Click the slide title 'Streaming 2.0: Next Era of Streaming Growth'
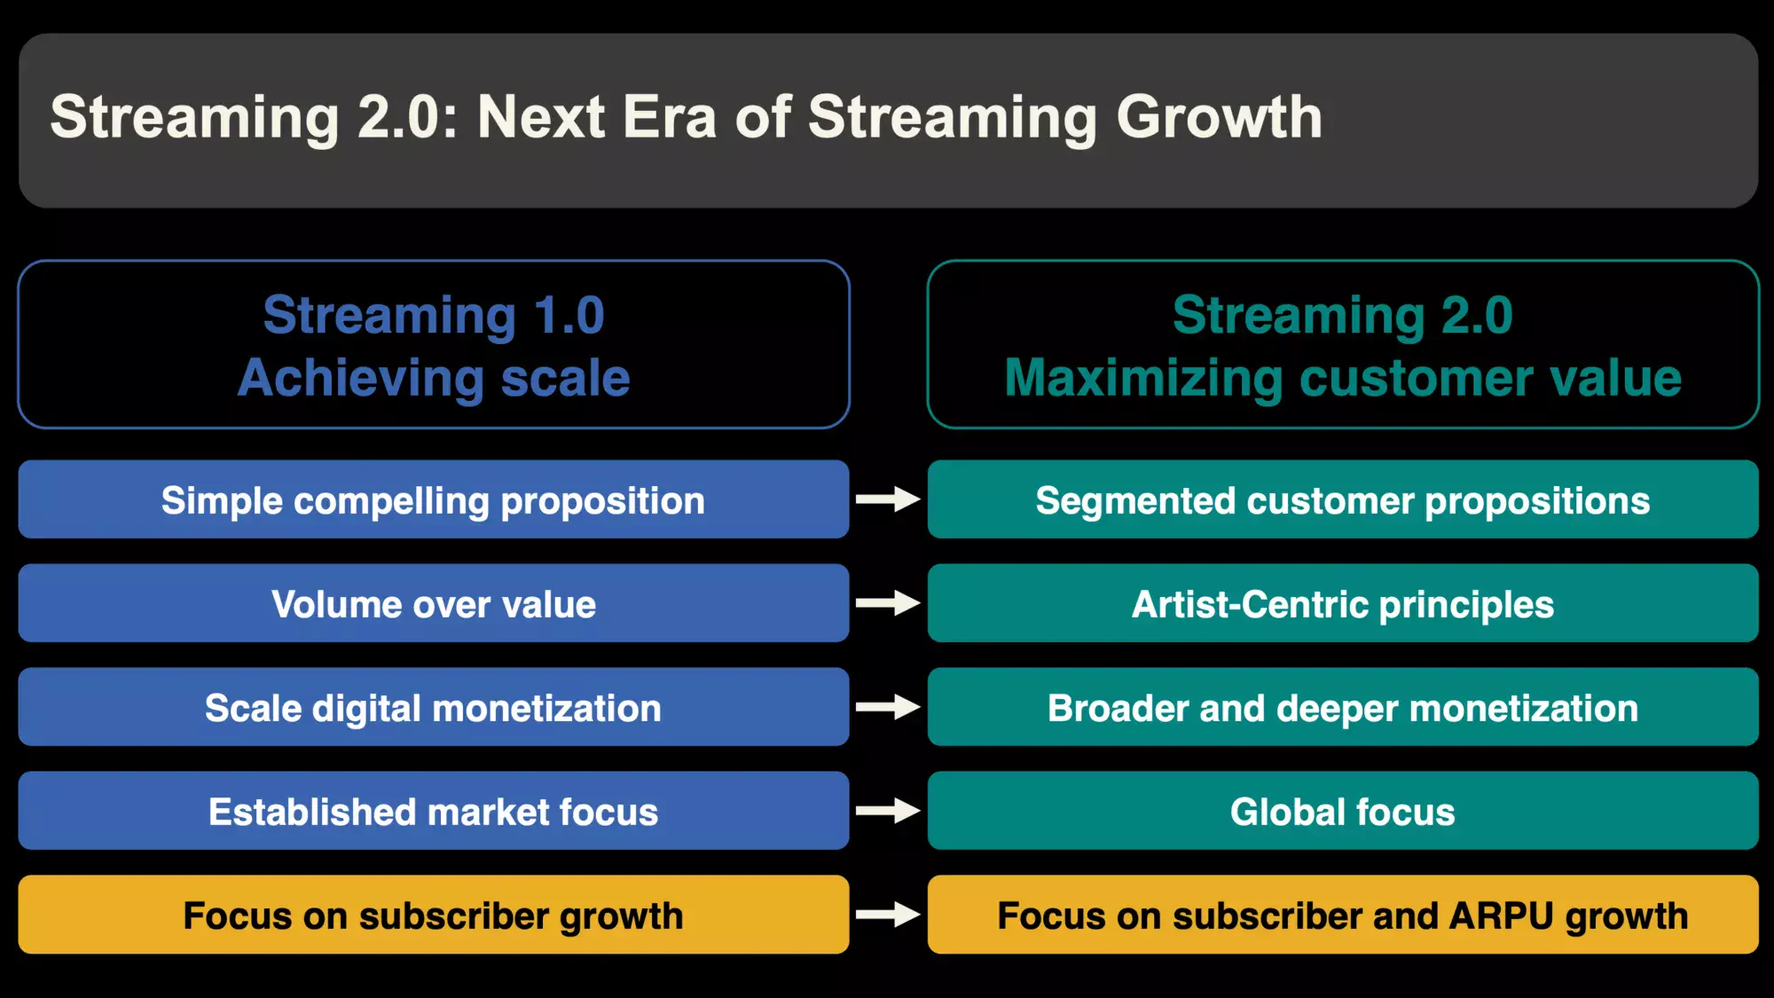pos(686,117)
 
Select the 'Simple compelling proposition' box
pos(434,499)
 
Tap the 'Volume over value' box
pos(434,603)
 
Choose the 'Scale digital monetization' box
pos(434,707)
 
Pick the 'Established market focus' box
pos(434,811)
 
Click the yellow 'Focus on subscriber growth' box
pos(434,915)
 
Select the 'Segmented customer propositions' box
pos(1343,499)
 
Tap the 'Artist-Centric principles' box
pos(1343,603)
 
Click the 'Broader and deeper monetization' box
pos(1343,707)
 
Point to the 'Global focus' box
pos(1343,811)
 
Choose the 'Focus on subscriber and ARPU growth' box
pos(1343,915)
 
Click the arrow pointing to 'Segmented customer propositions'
pos(888,499)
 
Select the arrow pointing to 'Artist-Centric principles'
pos(888,603)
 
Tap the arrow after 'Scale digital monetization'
pos(888,707)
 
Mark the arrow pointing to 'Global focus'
pos(888,811)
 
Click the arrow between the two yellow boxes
pos(888,915)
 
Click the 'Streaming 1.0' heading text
pos(434,315)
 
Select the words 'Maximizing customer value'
pos(1343,378)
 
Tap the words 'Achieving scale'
pos(434,378)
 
